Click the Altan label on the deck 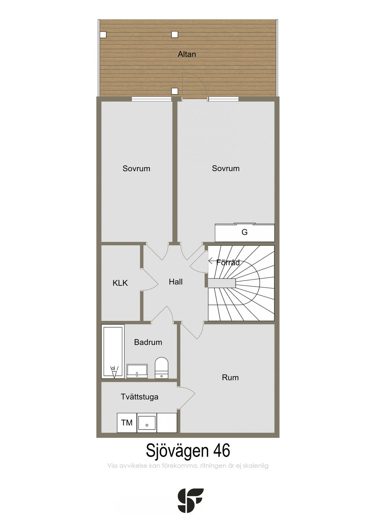pyautogui.click(x=187, y=54)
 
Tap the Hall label pyautogui.click(x=176, y=282)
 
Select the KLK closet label pyautogui.click(x=120, y=283)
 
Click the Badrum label pyautogui.click(x=148, y=342)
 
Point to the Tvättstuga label pyautogui.click(x=140, y=397)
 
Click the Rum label pyautogui.click(x=230, y=378)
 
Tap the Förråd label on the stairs pyautogui.click(x=228, y=262)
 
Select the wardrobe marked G pyautogui.click(x=245, y=232)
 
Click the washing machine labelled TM pyautogui.click(x=127, y=423)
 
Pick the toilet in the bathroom pyautogui.click(x=162, y=368)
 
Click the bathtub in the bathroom pyautogui.click(x=113, y=352)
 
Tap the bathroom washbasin pyautogui.click(x=137, y=371)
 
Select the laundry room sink pyautogui.click(x=147, y=423)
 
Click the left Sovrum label pyautogui.click(x=136, y=169)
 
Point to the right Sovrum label pyautogui.click(x=225, y=168)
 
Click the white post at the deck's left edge pyautogui.click(x=103, y=35)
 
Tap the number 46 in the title pyautogui.click(x=222, y=450)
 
